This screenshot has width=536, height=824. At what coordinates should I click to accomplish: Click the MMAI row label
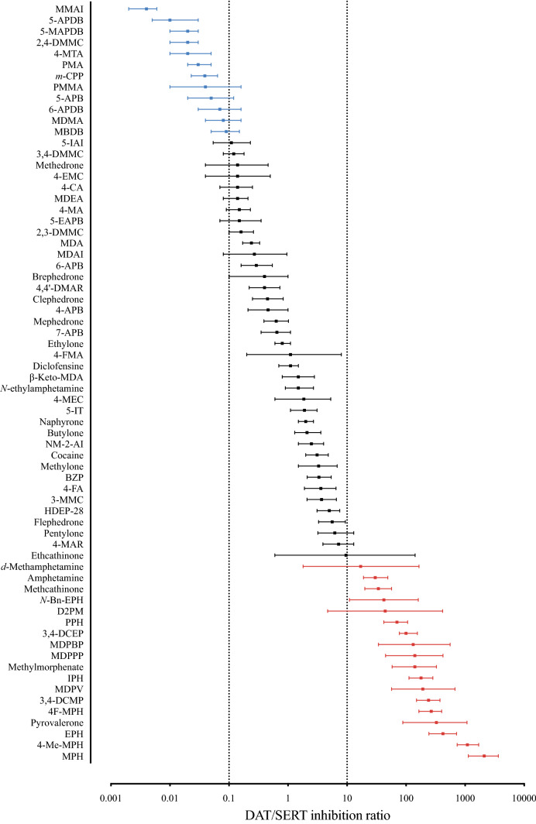[x=69, y=9]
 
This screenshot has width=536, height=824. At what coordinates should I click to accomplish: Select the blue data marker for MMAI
[x=146, y=9]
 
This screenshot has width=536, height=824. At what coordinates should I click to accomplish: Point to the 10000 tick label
[x=524, y=796]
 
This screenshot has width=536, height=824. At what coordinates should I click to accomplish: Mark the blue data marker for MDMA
[x=223, y=120]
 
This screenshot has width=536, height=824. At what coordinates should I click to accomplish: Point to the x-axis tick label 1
[x=288, y=796]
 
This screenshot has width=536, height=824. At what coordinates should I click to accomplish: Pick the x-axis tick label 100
[x=405, y=796]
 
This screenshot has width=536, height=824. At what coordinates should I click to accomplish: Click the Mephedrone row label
[x=58, y=321]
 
